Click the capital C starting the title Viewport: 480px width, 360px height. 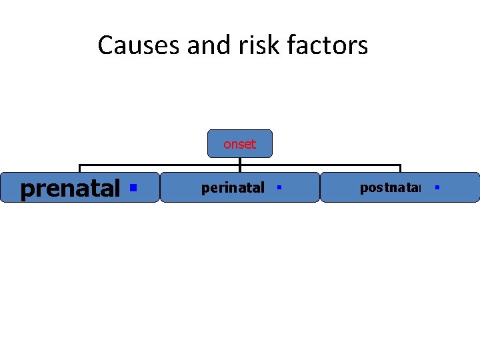pos(105,46)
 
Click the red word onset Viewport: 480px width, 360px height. pos(239,144)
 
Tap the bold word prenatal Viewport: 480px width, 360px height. pos(70,189)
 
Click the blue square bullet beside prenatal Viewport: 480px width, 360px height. pos(133,188)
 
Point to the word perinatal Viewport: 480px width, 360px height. pos(233,189)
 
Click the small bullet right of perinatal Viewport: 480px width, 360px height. pos(279,188)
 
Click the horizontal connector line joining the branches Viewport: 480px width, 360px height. pos(160,165)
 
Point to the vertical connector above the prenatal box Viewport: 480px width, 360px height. pos(80,168)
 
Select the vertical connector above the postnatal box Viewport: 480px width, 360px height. pos(400,168)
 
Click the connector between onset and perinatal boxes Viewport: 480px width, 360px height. pos(240,161)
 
